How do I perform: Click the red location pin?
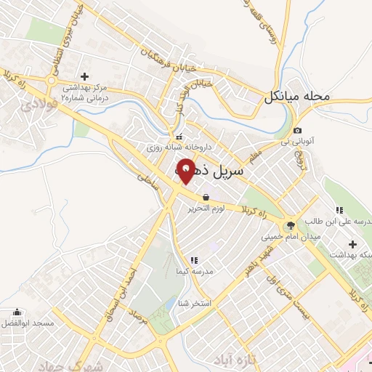tap(186, 171)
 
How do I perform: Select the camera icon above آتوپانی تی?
tap(298, 129)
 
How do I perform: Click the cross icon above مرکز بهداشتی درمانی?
tap(84, 76)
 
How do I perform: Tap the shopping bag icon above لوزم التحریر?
tap(206, 197)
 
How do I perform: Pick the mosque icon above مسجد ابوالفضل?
tap(16, 310)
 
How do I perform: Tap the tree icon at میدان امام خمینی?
tap(291, 225)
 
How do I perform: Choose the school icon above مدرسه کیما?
tap(193, 259)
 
